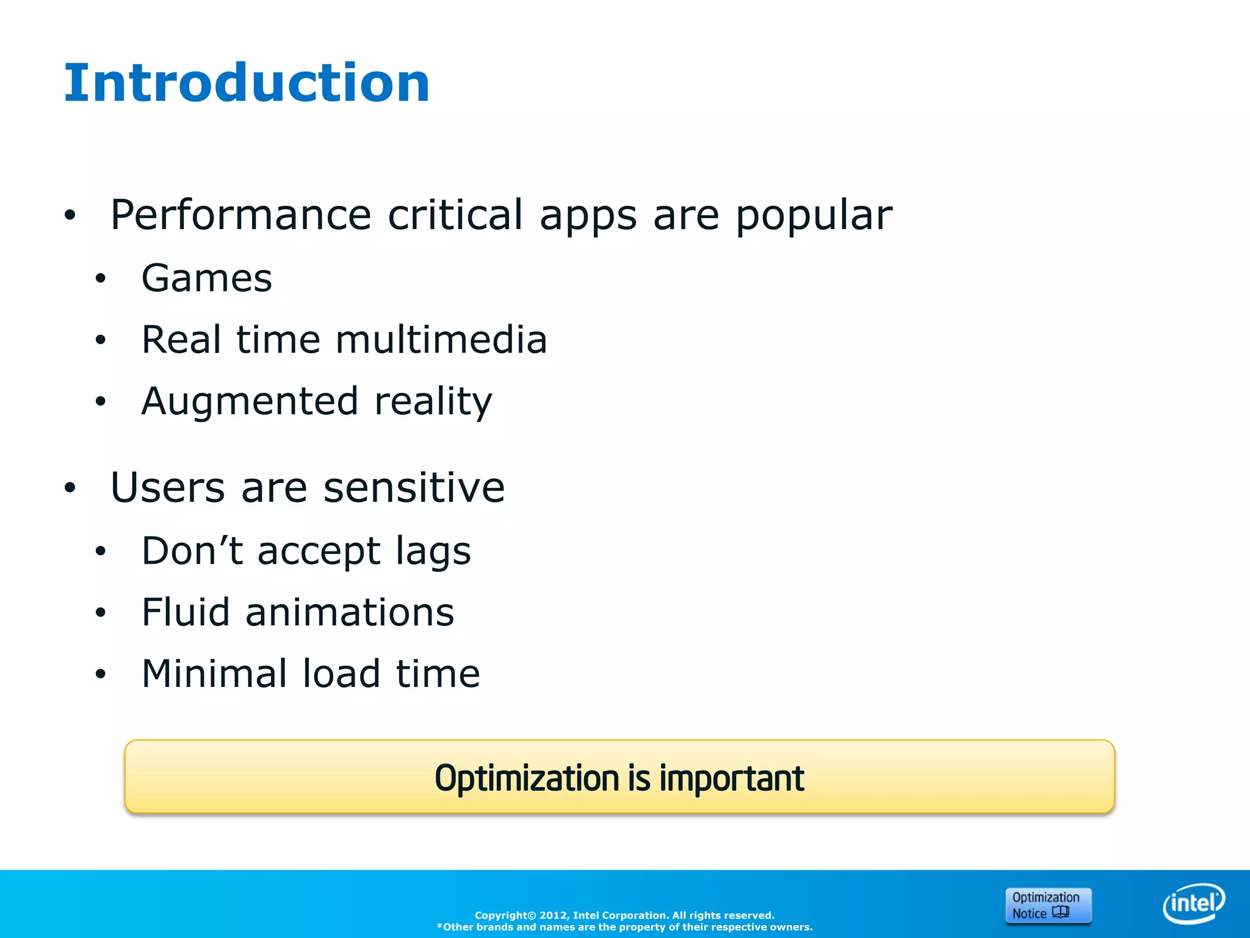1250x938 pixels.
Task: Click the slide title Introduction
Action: pyautogui.click(x=247, y=83)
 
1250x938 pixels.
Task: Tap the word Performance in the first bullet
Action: pyautogui.click(x=240, y=215)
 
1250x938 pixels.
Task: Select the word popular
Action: pyautogui.click(x=814, y=216)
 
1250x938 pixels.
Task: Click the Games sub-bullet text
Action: pyautogui.click(x=206, y=278)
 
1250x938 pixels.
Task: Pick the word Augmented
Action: pyautogui.click(x=250, y=402)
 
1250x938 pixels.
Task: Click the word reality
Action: pyautogui.click(x=433, y=402)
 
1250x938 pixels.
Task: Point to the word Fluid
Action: pyautogui.click(x=186, y=613)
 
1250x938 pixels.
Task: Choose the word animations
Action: pyautogui.click(x=350, y=613)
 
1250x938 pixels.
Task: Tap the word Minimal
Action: pyautogui.click(x=214, y=674)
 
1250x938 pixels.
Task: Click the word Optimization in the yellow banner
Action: pyautogui.click(x=527, y=779)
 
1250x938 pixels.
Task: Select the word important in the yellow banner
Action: pyautogui.click(x=732, y=779)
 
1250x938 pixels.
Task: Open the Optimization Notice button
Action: pyautogui.click(x=1047, y=905)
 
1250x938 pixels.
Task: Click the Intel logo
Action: pyautogui.click(x=1193, y=903)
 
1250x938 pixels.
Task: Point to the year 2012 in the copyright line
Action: pyautogui.click(x=554, y=915)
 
